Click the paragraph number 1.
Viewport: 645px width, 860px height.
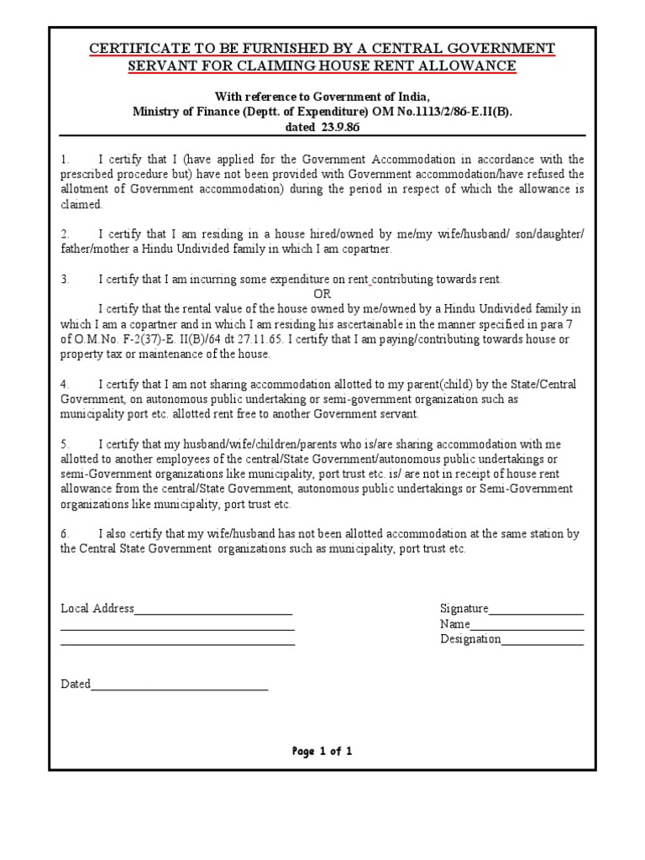click(x=64, y=160)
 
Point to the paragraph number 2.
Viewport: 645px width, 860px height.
click(x=64, y=234)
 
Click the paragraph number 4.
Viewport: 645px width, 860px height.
click(x=64, y=385)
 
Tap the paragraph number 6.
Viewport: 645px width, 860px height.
click(x=64, y=534)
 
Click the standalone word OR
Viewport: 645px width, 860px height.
click(x=322, y=294)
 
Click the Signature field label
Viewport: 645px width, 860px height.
click(x=464, y=609)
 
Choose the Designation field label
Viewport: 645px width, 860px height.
click(x=470, y=640)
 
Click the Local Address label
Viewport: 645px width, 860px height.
click(x=97, y=609)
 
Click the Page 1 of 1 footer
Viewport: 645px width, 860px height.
click(x=322, y=752)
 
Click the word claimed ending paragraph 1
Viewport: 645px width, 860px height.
click(x=81, y=205)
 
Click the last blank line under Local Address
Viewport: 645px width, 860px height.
click(x=177, y=643)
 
